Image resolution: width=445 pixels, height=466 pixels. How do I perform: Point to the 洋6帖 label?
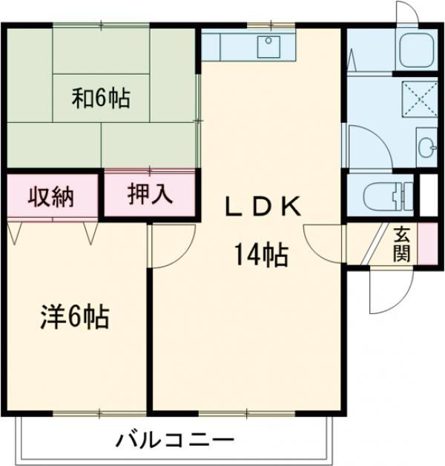(74, 318)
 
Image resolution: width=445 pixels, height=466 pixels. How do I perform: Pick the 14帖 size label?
(262, 256)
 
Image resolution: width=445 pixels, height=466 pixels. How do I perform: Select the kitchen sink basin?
(268, 47)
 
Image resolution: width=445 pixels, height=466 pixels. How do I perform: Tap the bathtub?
(417, 49)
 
